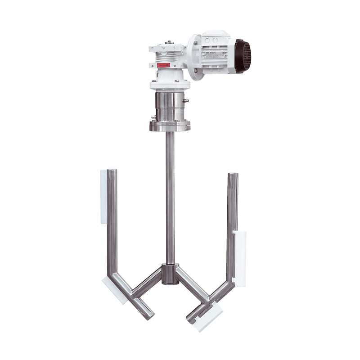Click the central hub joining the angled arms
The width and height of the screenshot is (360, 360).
[x=169, y=274]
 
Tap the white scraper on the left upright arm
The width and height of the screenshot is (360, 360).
[x=103, y=196]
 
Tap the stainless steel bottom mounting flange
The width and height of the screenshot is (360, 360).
[x=169, y=126]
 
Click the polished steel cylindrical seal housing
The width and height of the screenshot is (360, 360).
[x=169, y=105]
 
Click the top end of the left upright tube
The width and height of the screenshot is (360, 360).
[x=112, y=171]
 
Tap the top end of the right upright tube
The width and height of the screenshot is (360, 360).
[x=233, y=175]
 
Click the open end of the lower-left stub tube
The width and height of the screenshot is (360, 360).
[x=149, y=314]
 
